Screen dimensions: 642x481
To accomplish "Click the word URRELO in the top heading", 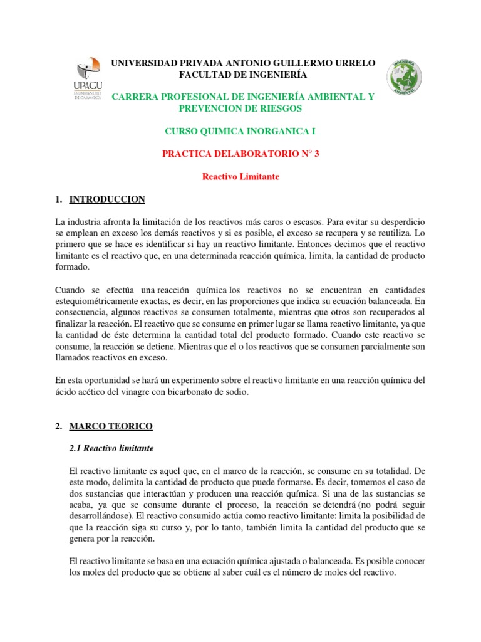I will click(354, 63).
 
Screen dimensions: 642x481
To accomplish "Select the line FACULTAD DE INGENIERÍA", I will click(244, 75).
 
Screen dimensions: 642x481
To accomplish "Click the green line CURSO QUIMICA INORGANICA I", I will click(241, 131).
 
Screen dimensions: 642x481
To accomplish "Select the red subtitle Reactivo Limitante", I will click(240, 177).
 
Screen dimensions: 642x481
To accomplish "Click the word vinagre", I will click(149, 392).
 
